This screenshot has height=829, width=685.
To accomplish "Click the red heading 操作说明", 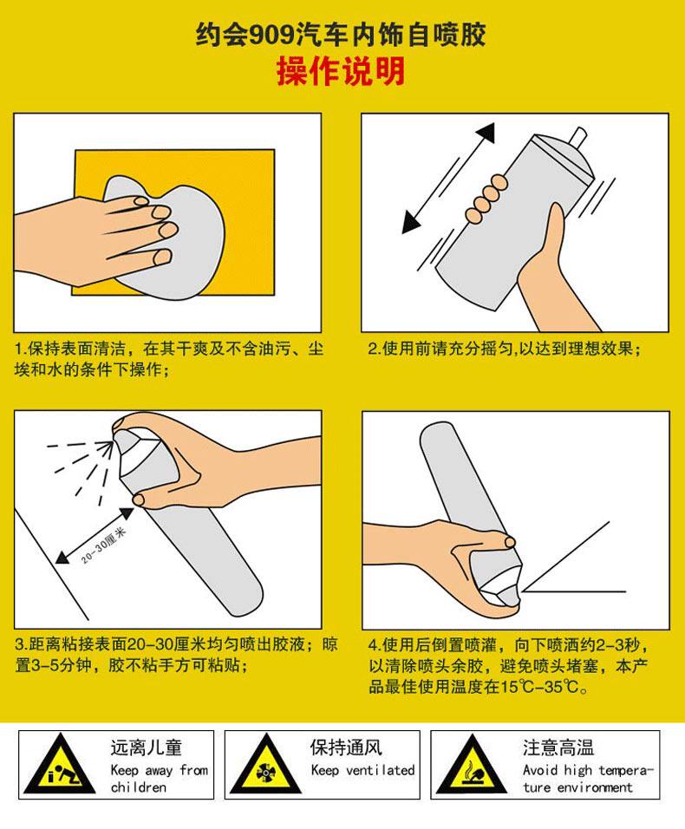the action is click(341, 71).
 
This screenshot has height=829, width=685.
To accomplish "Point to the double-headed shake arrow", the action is click(448, 178).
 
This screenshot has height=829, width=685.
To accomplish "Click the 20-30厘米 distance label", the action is click(104, 545).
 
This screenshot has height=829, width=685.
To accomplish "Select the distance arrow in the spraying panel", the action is click(95, 535).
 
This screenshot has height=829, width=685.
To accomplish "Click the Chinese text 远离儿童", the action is click(147, 747).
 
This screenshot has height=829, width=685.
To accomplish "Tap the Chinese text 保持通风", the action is click(346, 747).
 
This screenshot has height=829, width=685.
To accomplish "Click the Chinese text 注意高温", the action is click(558, 747).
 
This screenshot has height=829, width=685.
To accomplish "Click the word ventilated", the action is click(380, 770).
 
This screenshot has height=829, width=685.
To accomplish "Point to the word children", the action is click(139, 787).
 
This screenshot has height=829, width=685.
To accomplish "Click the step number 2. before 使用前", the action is click(375, 349).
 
